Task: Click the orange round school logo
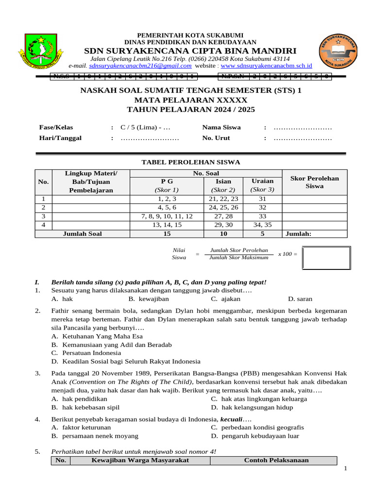[339, 51]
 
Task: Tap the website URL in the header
[266, 66]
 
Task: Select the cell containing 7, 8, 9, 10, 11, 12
[167, 216]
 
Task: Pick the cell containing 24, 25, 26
[223, 207]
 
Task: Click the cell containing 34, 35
[263, 225]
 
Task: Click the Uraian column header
[263, 181]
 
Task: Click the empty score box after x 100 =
[326, 258]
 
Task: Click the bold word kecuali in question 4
[231, 419]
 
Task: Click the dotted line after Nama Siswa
[303, 127]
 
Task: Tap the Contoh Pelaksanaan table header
[276, 461]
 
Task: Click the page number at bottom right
[345, 468]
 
